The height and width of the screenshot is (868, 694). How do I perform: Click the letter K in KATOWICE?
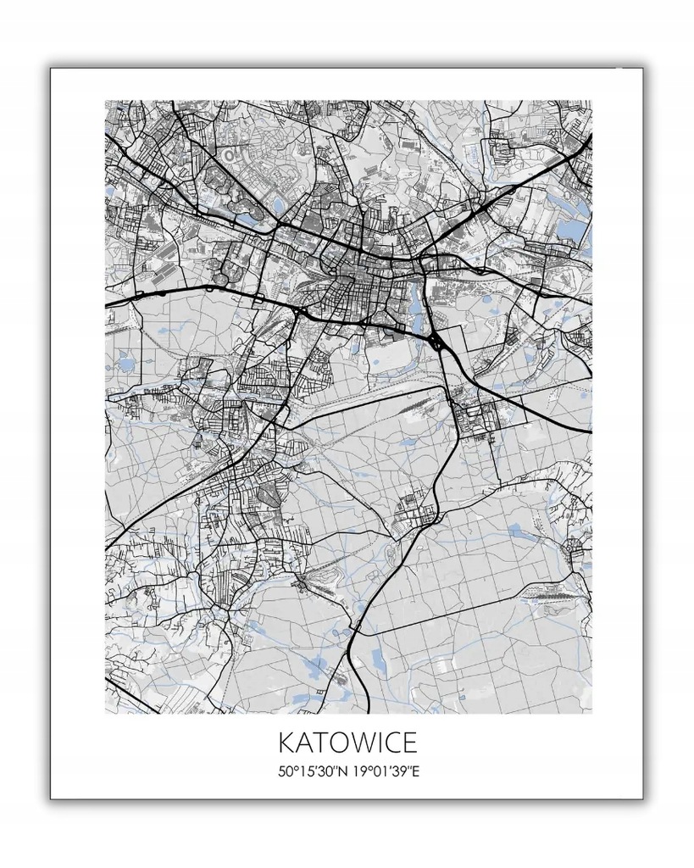[286, 743]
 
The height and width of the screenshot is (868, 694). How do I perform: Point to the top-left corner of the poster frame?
[51, 69]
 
